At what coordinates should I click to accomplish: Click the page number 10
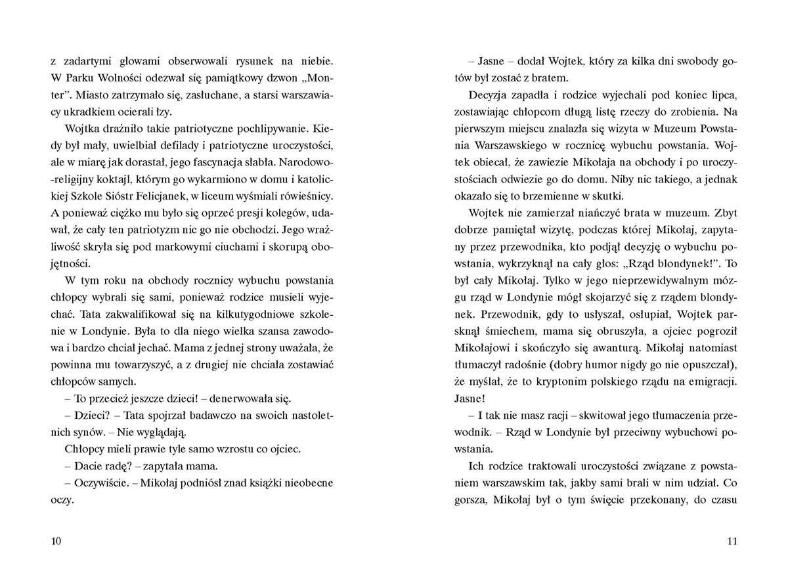pos(56,541)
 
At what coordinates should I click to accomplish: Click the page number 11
pos(733,541)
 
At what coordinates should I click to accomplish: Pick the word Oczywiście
pos(100,483)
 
